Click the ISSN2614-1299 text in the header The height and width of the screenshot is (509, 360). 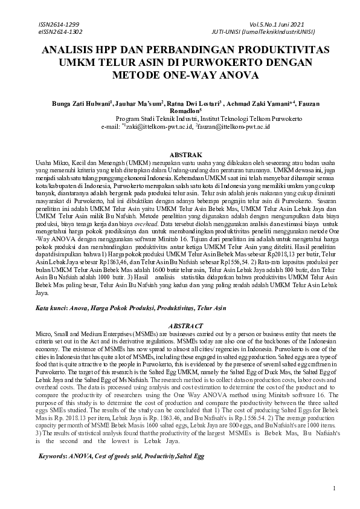pyautogui.click(x=58, y=22)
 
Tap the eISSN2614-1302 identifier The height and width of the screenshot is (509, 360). pyautogui.click(x=60, y=31)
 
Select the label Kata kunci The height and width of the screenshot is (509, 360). pyautogui.click(x=50, y=308)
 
